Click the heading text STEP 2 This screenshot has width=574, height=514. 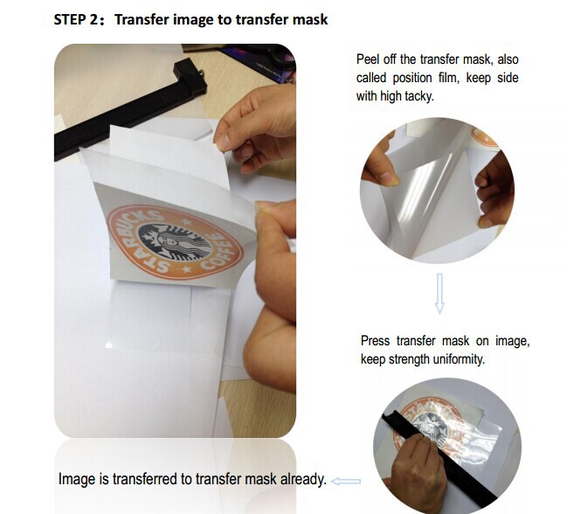[x=75, y=19]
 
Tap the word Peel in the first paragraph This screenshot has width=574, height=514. [x=368, y=59]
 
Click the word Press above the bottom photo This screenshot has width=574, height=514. [x=375, y=341]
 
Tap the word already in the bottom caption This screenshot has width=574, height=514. [x=303, y=479]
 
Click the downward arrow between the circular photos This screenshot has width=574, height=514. [x=439, y=293]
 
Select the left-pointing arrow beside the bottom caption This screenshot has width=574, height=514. [x=346, y=481]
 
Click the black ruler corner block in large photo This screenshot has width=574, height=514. [x=190, y=80]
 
